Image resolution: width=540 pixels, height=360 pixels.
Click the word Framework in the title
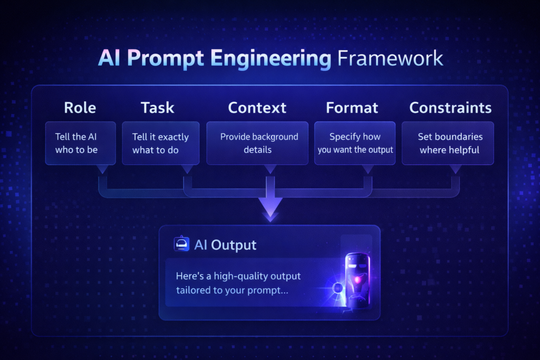(x=390, y=58)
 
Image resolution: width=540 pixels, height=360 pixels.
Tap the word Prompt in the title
(x=165, y=59)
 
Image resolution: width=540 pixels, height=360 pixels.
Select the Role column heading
(x=80, y=108)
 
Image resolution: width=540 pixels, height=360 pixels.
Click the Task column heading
(x=157, y=108)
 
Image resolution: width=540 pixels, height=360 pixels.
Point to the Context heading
(x=257, y=108)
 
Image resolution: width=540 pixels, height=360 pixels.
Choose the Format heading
(x=352, y=108)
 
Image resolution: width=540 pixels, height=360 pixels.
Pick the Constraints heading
(x=450, y=108)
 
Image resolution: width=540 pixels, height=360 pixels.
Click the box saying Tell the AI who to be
(x=80, y=143)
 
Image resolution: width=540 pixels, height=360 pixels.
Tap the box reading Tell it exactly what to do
(x=160, y=143)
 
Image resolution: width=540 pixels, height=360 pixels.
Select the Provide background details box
(x=257, y=143)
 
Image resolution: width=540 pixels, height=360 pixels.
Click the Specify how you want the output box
(x=355, y=143)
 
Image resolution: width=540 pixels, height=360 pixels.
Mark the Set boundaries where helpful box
(x=448, y=143)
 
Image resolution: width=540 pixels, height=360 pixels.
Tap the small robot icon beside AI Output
(x=181, y=244)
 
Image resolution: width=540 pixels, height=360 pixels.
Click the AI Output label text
(x=225, y=245)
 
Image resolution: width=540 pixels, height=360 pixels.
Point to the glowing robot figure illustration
(x=357, y=280)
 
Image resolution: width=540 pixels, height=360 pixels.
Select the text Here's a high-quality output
(x=238, y=276)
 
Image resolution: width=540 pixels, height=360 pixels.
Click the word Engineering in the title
(x=271, y=59)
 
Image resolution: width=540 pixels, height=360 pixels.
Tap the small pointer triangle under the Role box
(x=102, y=169)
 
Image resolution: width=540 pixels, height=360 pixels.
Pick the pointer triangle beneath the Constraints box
(x=455, y=169)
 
